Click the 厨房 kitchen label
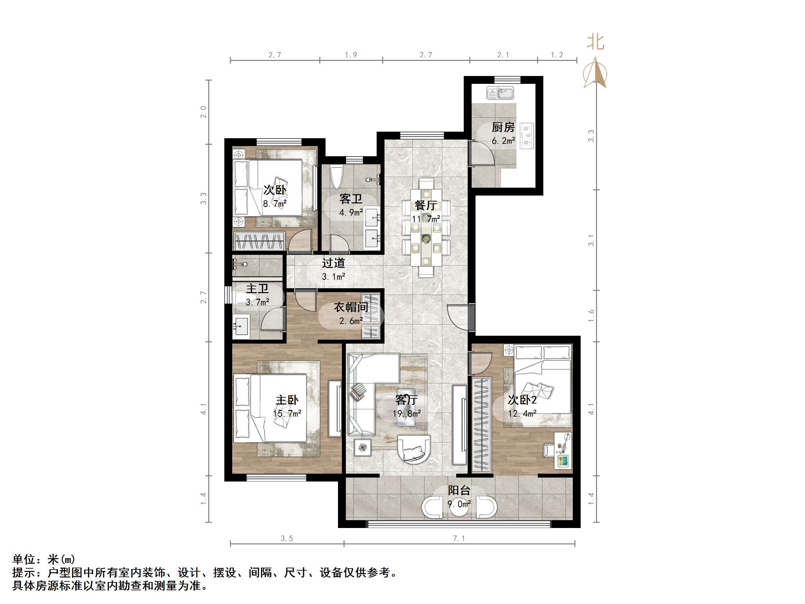click(503, 127)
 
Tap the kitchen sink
click(500, 93)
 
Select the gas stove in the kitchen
click(527, 135)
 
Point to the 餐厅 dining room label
click(425, 205)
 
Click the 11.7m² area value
click(426, 219)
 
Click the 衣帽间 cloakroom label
click(351, 307)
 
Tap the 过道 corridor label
click(333, 263)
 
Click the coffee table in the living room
click(406, 412)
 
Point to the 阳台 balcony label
click(459, 490)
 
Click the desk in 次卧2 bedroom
click(563, 450)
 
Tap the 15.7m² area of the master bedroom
click(287, 414)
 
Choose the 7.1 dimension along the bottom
click(459, 538)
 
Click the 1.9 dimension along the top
click(351, 55)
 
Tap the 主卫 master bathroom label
click(257, 289)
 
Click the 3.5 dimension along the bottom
click(287, 538)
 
